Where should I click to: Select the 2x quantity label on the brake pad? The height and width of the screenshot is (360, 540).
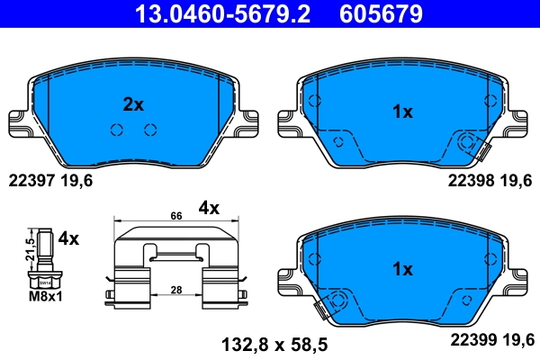click(132, 104)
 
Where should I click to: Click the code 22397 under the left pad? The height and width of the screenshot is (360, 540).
click(31, 180)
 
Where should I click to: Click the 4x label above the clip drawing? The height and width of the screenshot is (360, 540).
click(209, 208)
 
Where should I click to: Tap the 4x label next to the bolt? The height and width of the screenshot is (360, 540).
click(68, 239)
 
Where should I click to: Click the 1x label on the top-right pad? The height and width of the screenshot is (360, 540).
click(402, 112)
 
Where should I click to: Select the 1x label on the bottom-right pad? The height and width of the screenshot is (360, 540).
click(402, 269)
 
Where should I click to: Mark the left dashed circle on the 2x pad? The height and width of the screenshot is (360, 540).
click(116, 130)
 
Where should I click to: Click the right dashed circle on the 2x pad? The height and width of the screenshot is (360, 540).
click(150, 130)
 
